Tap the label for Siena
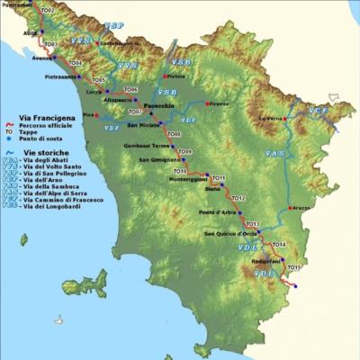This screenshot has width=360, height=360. click(212, 189)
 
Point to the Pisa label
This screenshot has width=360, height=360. click(88, 115)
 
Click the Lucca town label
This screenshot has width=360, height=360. click(94, 92)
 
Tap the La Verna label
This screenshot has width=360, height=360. click(270, 119)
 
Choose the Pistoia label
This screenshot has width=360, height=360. click(176, 76)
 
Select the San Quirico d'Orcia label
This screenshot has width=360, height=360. click(226, 234)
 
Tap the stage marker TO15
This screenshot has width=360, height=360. click(293, 267)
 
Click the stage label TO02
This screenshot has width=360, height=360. click(48, 11)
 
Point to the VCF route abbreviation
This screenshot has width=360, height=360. click(318, 111)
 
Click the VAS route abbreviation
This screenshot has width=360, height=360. click(275, 154)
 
